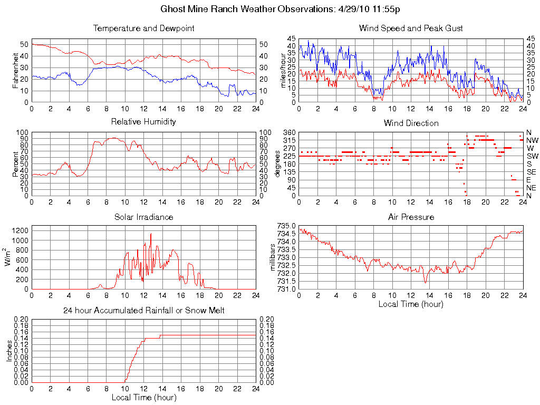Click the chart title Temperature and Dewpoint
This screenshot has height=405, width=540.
click(143, 28)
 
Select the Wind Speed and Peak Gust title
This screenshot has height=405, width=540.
click(411, 28)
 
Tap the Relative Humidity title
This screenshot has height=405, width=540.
click(143, 122)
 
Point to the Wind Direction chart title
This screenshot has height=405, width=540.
click(411, 123)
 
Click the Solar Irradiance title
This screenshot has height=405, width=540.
click(143, 217)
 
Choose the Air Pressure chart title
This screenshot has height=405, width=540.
click(411, 217)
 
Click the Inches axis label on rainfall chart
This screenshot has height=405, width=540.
click(9, 351)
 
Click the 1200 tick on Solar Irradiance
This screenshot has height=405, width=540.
click(19, 230)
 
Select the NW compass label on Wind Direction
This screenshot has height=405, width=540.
click(532, 140)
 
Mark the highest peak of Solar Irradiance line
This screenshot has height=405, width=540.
click(151, 234)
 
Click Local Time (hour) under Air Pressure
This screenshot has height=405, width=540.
click(411, 304)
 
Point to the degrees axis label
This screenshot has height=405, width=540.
click(278, 163)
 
